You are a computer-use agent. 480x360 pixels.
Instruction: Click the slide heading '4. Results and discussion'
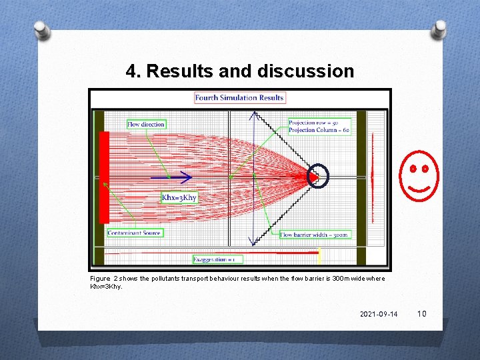tap(240, 71)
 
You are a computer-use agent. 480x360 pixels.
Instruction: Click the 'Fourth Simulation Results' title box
tap(239, 97)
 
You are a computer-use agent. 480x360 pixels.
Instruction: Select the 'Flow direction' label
tap(146, 124)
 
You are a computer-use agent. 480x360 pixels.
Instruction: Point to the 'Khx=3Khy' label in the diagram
tap(179, 197)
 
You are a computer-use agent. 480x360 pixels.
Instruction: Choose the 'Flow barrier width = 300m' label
tap(314, 235)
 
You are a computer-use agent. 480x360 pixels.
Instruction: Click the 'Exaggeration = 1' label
tap(218, 259)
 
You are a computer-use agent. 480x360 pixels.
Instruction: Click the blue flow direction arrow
tap(171, 177)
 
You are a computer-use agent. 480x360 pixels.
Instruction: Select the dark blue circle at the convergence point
tap(317, 177)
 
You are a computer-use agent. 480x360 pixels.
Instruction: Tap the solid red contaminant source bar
tap(104, 177)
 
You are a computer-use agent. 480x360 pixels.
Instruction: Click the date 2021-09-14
tap(379, 314)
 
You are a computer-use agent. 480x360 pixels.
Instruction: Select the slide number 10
tap(421, 314)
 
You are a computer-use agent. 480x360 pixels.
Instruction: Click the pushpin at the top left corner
tap(42, 30)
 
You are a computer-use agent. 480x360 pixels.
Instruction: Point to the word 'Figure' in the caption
tap(100, 278)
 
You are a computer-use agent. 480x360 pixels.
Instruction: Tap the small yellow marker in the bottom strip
tap(319, 255)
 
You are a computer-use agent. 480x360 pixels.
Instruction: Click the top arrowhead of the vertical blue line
tap(254, 115)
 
